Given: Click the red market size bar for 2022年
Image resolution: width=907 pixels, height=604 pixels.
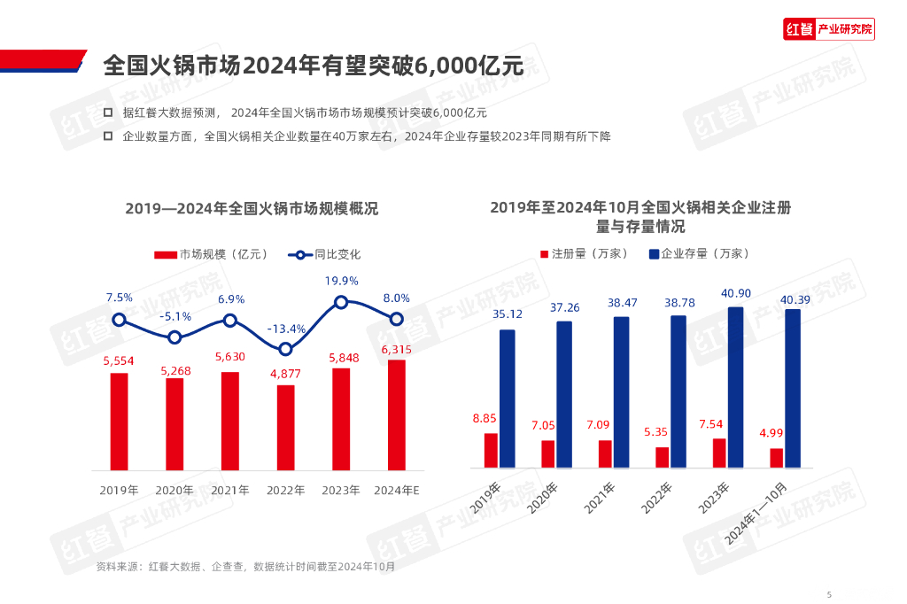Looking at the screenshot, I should coord(285,427).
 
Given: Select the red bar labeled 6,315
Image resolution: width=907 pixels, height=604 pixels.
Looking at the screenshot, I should coord(396,414).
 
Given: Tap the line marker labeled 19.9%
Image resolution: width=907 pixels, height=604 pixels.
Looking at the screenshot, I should coord(341,302).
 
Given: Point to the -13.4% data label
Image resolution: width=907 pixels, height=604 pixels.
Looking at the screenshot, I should coord(287,329).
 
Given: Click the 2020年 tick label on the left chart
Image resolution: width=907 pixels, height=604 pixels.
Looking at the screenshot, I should coord(174,490).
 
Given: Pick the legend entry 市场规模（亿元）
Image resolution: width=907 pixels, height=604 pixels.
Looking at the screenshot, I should coord(211,254).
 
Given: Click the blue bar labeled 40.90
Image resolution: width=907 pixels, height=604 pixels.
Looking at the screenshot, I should coord(735,387).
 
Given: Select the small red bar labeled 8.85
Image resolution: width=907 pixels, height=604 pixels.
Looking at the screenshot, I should coord(490,450).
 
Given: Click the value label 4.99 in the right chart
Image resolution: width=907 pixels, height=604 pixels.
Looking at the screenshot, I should coord(771,433).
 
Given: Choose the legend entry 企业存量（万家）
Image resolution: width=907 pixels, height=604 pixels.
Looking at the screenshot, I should coord(699,253).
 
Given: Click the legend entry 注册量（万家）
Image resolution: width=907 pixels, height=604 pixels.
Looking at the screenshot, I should coord(584,253).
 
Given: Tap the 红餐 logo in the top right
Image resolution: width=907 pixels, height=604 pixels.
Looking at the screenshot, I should coord(829,29).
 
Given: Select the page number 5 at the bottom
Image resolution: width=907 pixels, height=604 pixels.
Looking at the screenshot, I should coord(828,594).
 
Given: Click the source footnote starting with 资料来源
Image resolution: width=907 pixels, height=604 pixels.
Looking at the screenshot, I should coord(245,566).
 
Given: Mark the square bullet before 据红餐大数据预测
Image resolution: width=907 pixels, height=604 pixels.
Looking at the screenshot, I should coord(107,113).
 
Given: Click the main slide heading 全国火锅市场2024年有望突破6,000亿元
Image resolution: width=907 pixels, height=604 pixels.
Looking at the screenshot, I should coord(313,66).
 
